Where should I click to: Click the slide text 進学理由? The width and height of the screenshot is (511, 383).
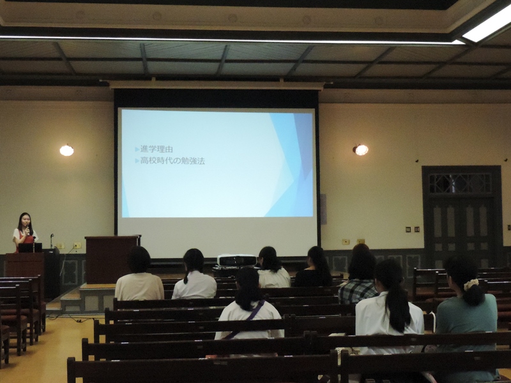(156, 149)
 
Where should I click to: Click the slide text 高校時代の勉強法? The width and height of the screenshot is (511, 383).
(172, 161)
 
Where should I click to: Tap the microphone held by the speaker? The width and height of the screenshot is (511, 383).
(28, 230)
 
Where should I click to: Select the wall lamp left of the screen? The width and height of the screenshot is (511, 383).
(66, 150)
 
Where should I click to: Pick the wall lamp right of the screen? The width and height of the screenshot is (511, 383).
(361, 150)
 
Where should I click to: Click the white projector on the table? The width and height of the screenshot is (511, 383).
(236, 260)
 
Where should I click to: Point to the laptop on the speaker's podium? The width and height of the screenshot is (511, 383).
(30, 248)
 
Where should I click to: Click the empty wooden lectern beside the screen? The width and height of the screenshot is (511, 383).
(111, 259)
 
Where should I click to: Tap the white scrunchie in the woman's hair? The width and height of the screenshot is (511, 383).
(471, 284)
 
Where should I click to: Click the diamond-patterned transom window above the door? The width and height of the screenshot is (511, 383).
(460, 183)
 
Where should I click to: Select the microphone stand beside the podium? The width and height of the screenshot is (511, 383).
(52, 241)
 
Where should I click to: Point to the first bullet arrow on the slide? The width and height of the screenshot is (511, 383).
(137, 149)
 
